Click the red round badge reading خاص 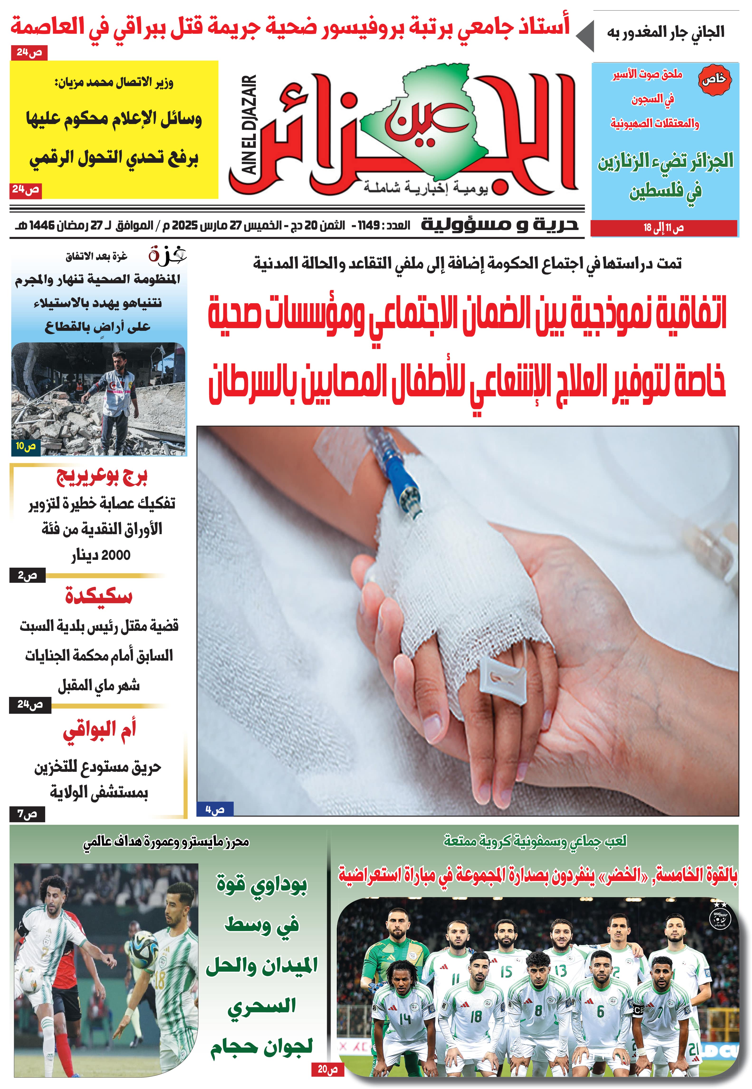click(714, 79)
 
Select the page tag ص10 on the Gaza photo click(25, 446)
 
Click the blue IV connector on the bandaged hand click(401, 481)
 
